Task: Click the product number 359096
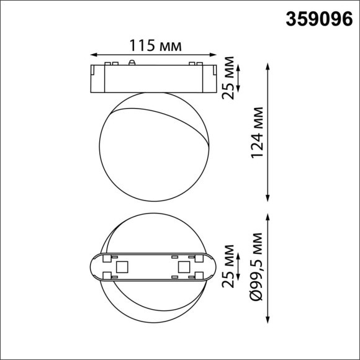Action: (x=317, y=20)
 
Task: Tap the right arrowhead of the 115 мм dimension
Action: (x=214, y=54)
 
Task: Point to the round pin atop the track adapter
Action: (x=132, y=62)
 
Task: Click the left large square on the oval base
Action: (x=122, y=267)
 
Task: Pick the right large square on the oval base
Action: (x=184, y=267)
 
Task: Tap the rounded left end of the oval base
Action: (x=93, y=268)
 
